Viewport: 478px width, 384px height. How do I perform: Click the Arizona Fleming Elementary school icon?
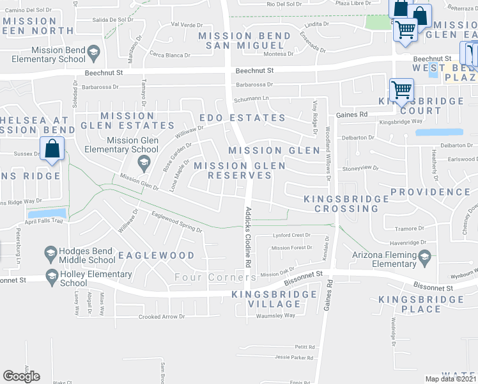[424, 259]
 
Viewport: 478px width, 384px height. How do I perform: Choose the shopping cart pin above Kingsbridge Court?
[401, 90]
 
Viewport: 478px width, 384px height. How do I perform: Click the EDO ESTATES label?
[242, 118]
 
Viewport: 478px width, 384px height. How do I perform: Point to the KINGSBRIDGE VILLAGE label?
[275, 300]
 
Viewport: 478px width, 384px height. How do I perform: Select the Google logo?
[21, 376]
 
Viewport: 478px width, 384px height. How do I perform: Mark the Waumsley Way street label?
[275, 315]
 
